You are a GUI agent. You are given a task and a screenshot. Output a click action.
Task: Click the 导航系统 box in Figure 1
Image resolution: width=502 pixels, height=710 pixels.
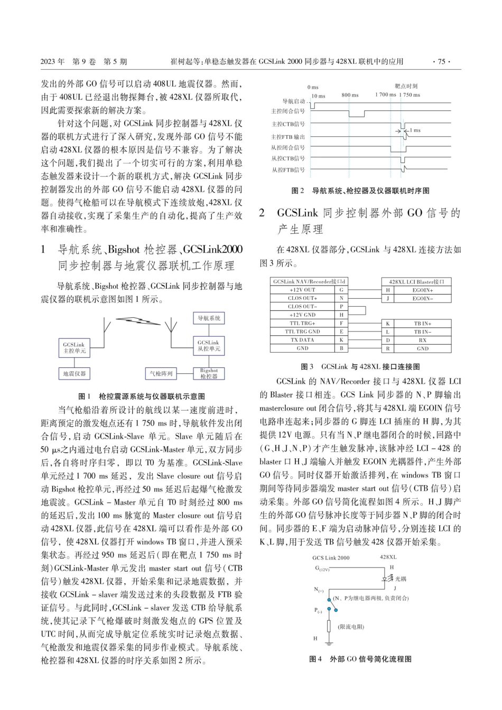(209, 318)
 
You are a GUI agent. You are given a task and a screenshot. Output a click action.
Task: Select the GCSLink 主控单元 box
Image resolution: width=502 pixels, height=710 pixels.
(74, 347)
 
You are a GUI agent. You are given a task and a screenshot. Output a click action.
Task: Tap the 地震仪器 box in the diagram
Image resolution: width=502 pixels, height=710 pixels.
(74, 374)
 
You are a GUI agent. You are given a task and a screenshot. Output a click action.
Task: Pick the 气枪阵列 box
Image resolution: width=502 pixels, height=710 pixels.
(161, 374)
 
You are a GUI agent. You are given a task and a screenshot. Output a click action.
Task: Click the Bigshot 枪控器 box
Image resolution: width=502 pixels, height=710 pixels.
(209, 374)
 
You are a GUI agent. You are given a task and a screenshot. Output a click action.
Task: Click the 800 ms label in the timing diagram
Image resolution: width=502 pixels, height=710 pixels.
(350, 95)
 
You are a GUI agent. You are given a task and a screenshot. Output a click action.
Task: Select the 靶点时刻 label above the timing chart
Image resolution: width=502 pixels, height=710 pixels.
(406, 86)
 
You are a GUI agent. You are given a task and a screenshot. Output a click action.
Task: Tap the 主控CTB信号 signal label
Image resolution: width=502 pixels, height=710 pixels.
(288, 124)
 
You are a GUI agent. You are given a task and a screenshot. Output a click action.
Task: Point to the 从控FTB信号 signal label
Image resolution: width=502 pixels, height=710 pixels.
(288, 169)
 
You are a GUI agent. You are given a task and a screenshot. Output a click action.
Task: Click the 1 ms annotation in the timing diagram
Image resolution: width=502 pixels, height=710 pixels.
(415, 130)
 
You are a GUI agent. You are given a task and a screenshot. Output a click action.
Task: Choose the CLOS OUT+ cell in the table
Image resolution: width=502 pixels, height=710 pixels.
(302, 298)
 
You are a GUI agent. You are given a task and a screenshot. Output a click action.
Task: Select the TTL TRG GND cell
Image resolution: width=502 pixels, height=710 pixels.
(302, 332)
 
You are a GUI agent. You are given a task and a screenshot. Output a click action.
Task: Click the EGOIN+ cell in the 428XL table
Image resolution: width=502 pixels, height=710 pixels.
(422, 290)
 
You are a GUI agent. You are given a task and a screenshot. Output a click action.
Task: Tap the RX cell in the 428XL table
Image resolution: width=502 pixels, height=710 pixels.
(422, 340)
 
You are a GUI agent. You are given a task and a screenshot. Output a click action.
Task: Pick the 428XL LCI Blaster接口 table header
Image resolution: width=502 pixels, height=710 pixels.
(416, 281)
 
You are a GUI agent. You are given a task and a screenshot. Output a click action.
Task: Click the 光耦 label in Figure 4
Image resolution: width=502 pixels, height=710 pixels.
(401, 579)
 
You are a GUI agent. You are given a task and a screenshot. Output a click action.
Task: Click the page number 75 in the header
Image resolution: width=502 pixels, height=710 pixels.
(441, 62)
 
